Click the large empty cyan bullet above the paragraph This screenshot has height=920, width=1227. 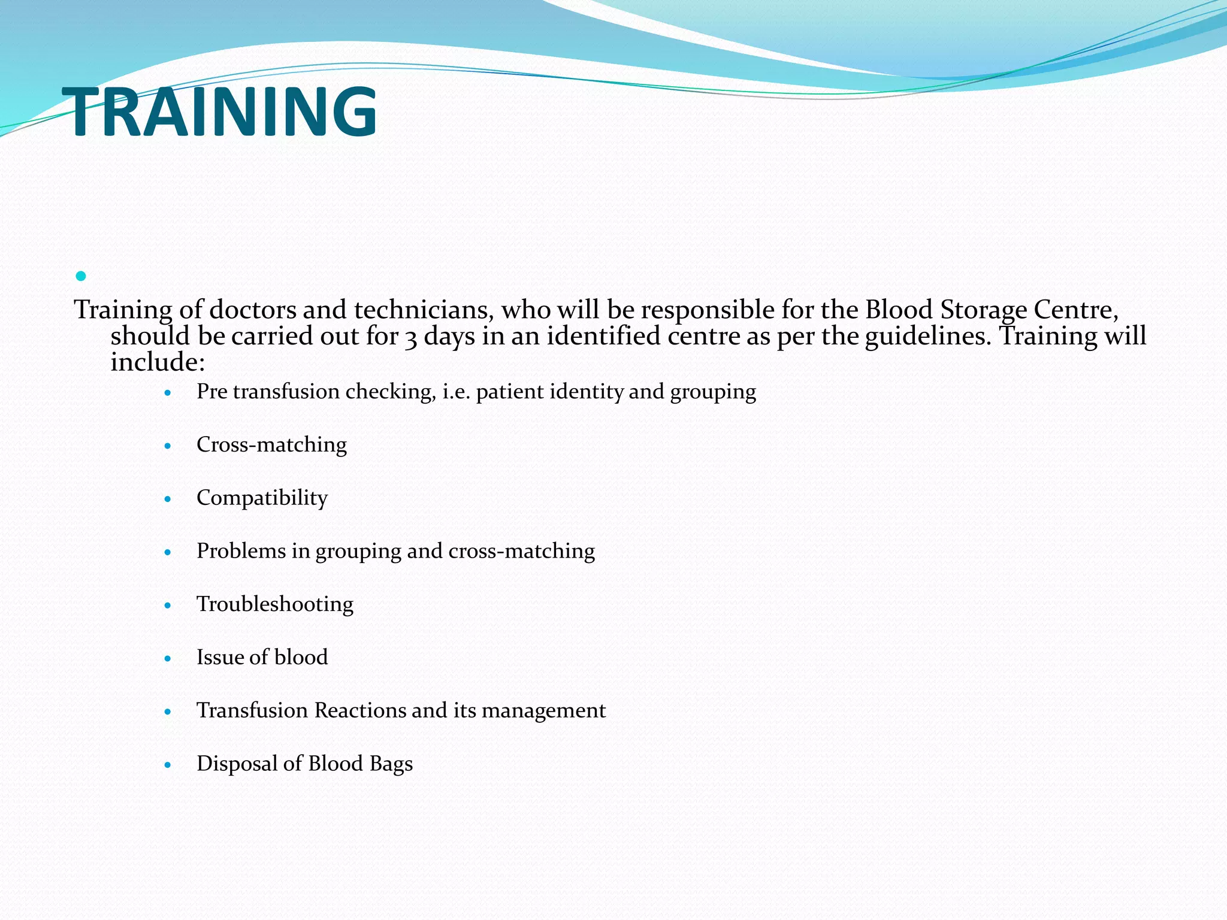click(81, 276)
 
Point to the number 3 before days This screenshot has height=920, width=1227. click(410, 337)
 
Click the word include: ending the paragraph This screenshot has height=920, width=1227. click(158, 362)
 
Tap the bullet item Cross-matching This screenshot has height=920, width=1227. click(271, 445)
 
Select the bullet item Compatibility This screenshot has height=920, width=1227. click(262, 498)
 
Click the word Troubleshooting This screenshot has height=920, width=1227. click(275, 604)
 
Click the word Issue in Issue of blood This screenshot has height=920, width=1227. click(219, 657)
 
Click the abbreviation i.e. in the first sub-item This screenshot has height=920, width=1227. click(456, 392)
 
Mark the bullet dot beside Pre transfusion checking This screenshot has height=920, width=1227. click(168, 393)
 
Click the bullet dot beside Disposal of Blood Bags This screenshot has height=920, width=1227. click(168, 765)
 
